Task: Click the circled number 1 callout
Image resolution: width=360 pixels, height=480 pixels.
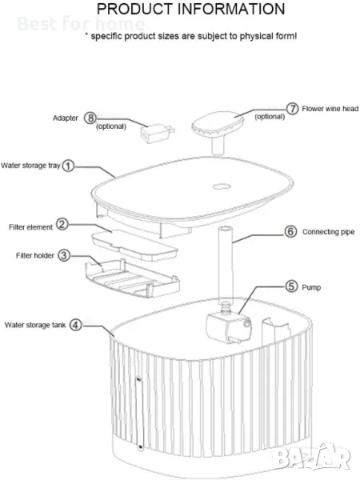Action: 68,166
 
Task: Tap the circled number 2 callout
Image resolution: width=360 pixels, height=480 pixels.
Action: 62,224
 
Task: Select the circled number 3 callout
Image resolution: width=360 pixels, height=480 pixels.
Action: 64,255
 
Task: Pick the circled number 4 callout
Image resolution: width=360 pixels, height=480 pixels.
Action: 76,325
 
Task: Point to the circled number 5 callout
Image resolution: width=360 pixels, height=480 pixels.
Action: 291,286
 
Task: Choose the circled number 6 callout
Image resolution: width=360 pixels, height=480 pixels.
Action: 291,231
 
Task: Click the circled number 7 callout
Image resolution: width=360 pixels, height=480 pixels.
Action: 292,108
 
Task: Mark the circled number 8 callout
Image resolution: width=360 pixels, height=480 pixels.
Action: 90,118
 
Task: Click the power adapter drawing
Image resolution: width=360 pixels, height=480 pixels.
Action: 157,134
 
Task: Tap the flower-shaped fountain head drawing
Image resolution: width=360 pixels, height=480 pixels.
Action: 218,130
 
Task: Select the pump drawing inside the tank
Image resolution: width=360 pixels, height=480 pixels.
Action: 229,323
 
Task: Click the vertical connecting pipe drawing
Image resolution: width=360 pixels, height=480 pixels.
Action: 226,264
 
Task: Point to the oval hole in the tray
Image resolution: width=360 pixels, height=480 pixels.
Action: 222,186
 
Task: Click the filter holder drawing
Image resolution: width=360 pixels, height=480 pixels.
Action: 133,278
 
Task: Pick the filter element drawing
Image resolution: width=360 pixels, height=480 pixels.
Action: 134,245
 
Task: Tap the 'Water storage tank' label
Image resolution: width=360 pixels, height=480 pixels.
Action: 35,325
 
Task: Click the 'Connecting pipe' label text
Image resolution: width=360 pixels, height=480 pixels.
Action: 329,232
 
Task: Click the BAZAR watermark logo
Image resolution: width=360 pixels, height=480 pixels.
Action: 310,456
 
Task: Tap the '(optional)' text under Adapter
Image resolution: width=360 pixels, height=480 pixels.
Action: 111,126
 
